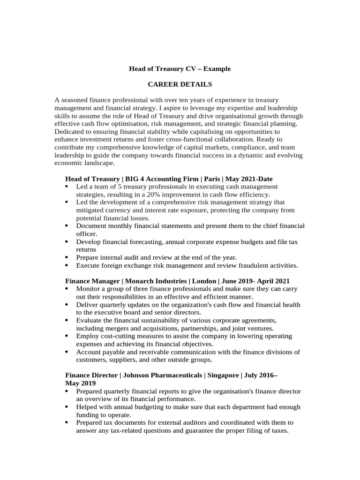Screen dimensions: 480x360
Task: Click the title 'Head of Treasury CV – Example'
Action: [180, 69]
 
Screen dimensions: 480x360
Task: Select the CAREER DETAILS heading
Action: [180, 84]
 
